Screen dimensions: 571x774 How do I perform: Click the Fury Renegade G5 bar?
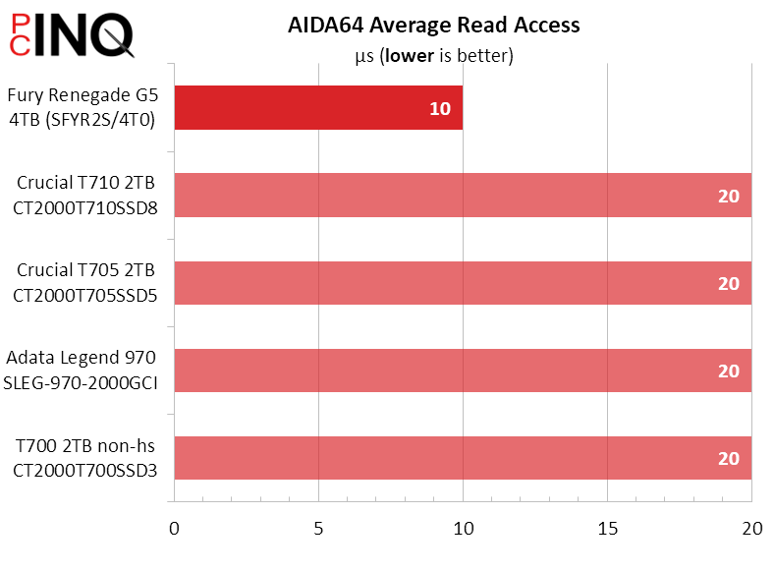(318, 108)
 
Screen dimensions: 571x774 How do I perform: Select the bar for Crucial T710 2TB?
(463, 196)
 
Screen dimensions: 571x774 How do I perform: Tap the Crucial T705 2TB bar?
(463, 283)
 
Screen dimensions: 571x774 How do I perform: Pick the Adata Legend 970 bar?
(463, 371)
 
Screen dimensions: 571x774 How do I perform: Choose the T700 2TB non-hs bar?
(463, 458)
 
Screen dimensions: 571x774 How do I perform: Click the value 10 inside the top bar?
(440, 108)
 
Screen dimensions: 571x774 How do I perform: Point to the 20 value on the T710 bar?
(728, 196)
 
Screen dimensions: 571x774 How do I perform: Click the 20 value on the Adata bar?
(728, 371)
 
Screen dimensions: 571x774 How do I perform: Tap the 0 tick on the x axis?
(174, 529)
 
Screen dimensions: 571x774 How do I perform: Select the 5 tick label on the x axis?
(319, 529)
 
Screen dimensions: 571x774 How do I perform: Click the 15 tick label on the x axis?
(608, 529)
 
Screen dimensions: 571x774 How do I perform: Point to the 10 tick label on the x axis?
(464, 529)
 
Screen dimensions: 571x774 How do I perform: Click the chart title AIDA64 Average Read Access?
(433, 26)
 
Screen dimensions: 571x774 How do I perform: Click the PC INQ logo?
(69, 35)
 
